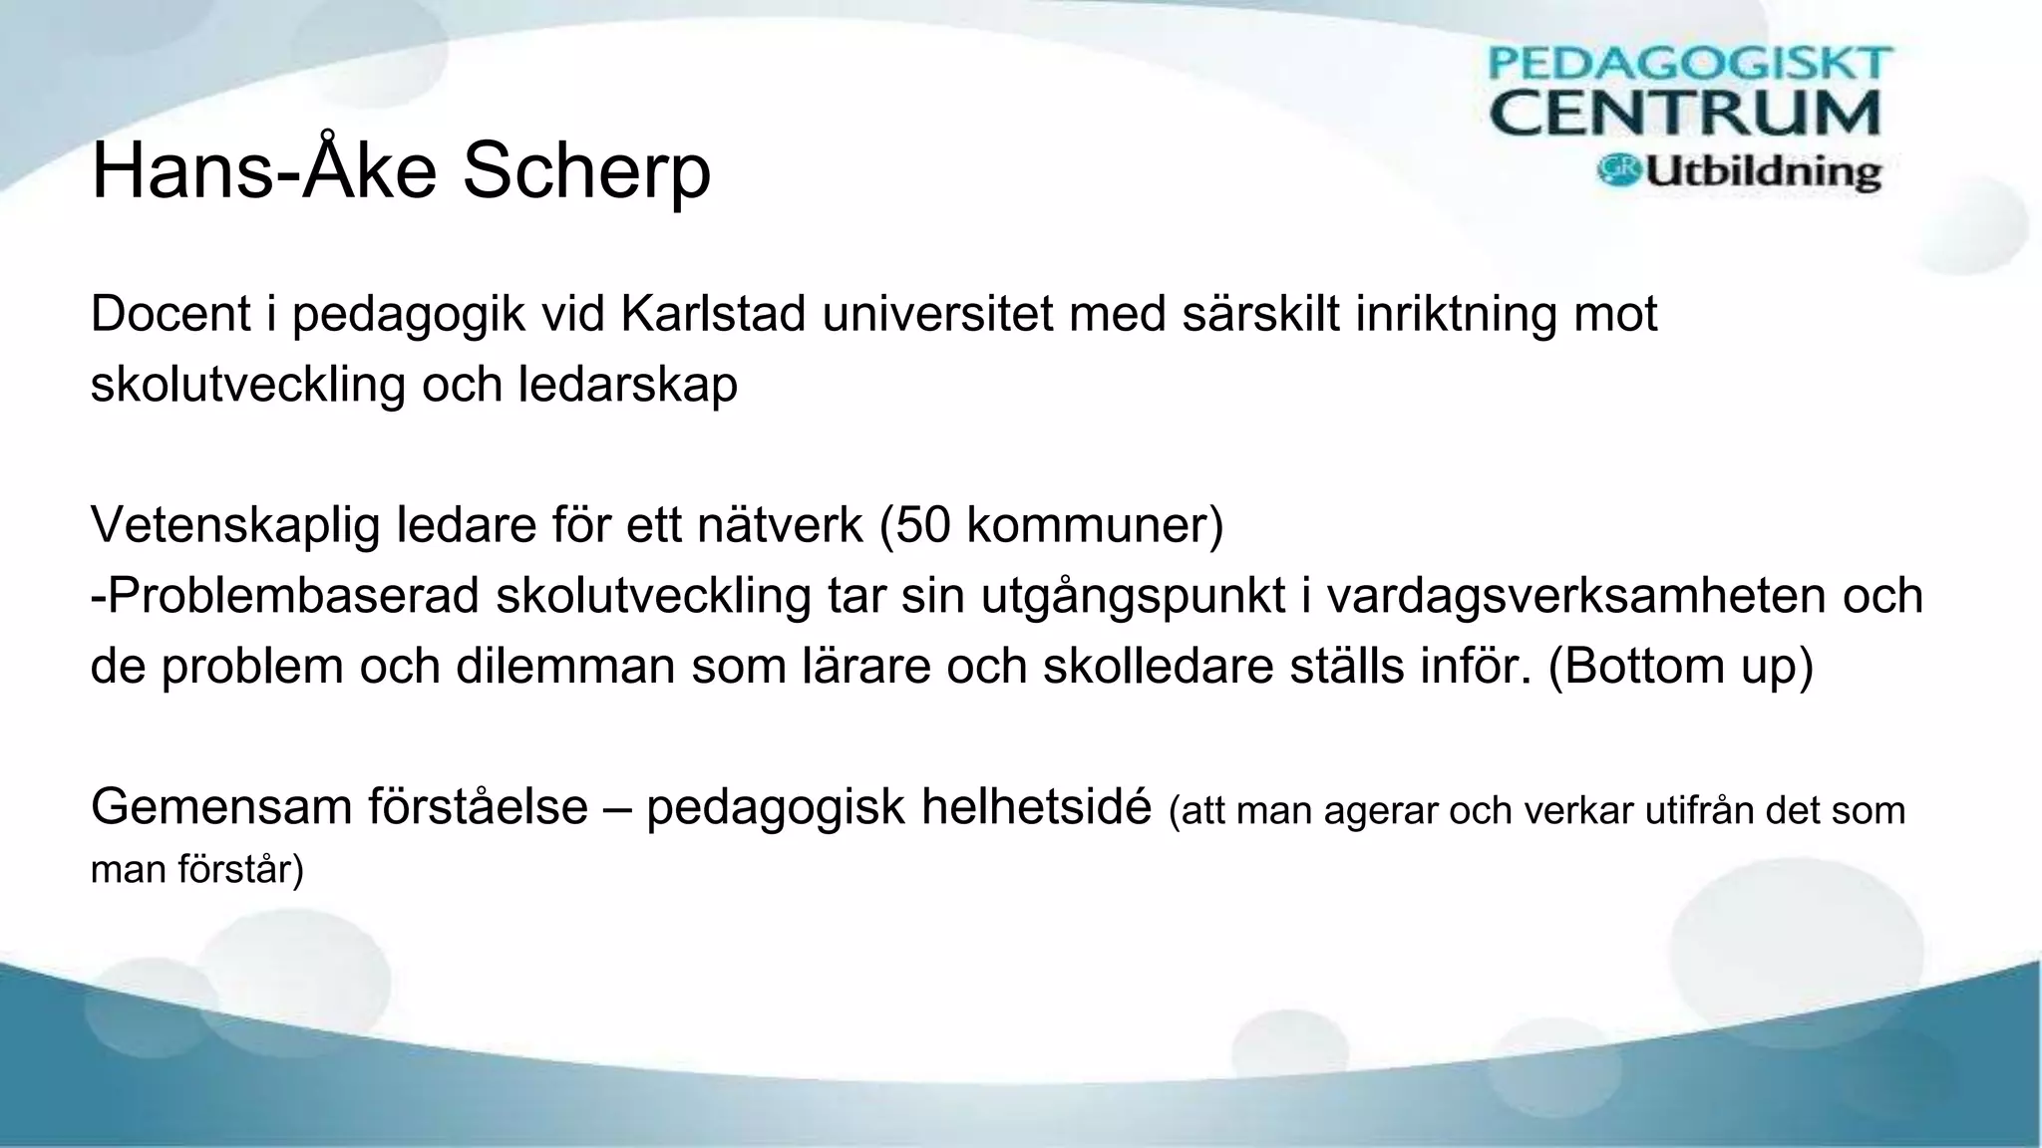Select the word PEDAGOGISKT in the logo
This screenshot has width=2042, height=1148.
point(1690,64)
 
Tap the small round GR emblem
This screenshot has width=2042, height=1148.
point(1619,170)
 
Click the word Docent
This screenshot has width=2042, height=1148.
point(170,314)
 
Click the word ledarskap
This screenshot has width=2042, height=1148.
point(627,385)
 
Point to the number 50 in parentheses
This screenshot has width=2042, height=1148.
point(922,525)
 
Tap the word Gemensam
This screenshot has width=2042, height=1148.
point(221,807)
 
